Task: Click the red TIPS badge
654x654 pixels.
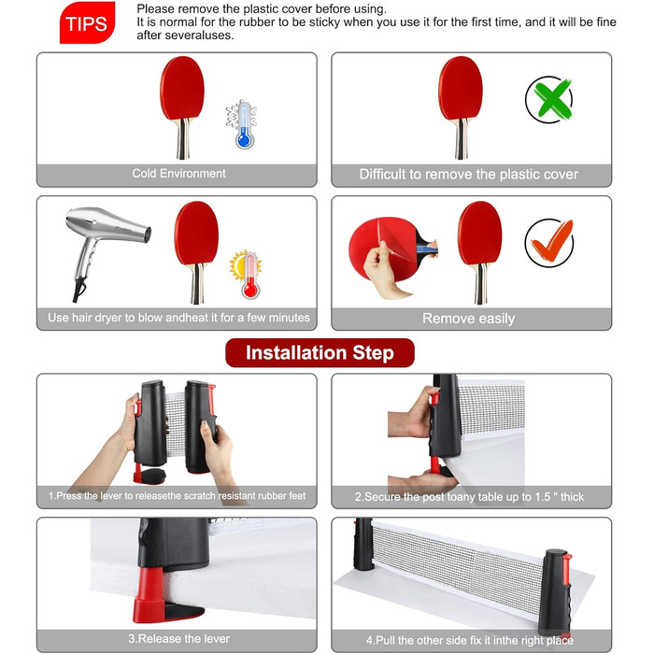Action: [x=87, y=22]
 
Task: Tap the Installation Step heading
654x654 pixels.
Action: [x=320, y=353]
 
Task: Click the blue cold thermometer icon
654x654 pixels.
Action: [x=243, y=124]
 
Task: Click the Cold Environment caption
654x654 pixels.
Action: [x=178, y=174]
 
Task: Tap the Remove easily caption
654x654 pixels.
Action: [x=468, y=319]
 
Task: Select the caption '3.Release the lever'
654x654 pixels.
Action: [x=179, y=638]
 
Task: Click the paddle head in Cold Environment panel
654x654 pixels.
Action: [x=182, y=89]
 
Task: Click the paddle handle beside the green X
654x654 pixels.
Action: [x=461, y=139]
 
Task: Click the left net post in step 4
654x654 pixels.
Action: [x=363, y=545]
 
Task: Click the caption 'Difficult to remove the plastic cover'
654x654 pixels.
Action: [x=469, y=175]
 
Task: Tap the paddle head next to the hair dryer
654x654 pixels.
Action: [x=196, y=234]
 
